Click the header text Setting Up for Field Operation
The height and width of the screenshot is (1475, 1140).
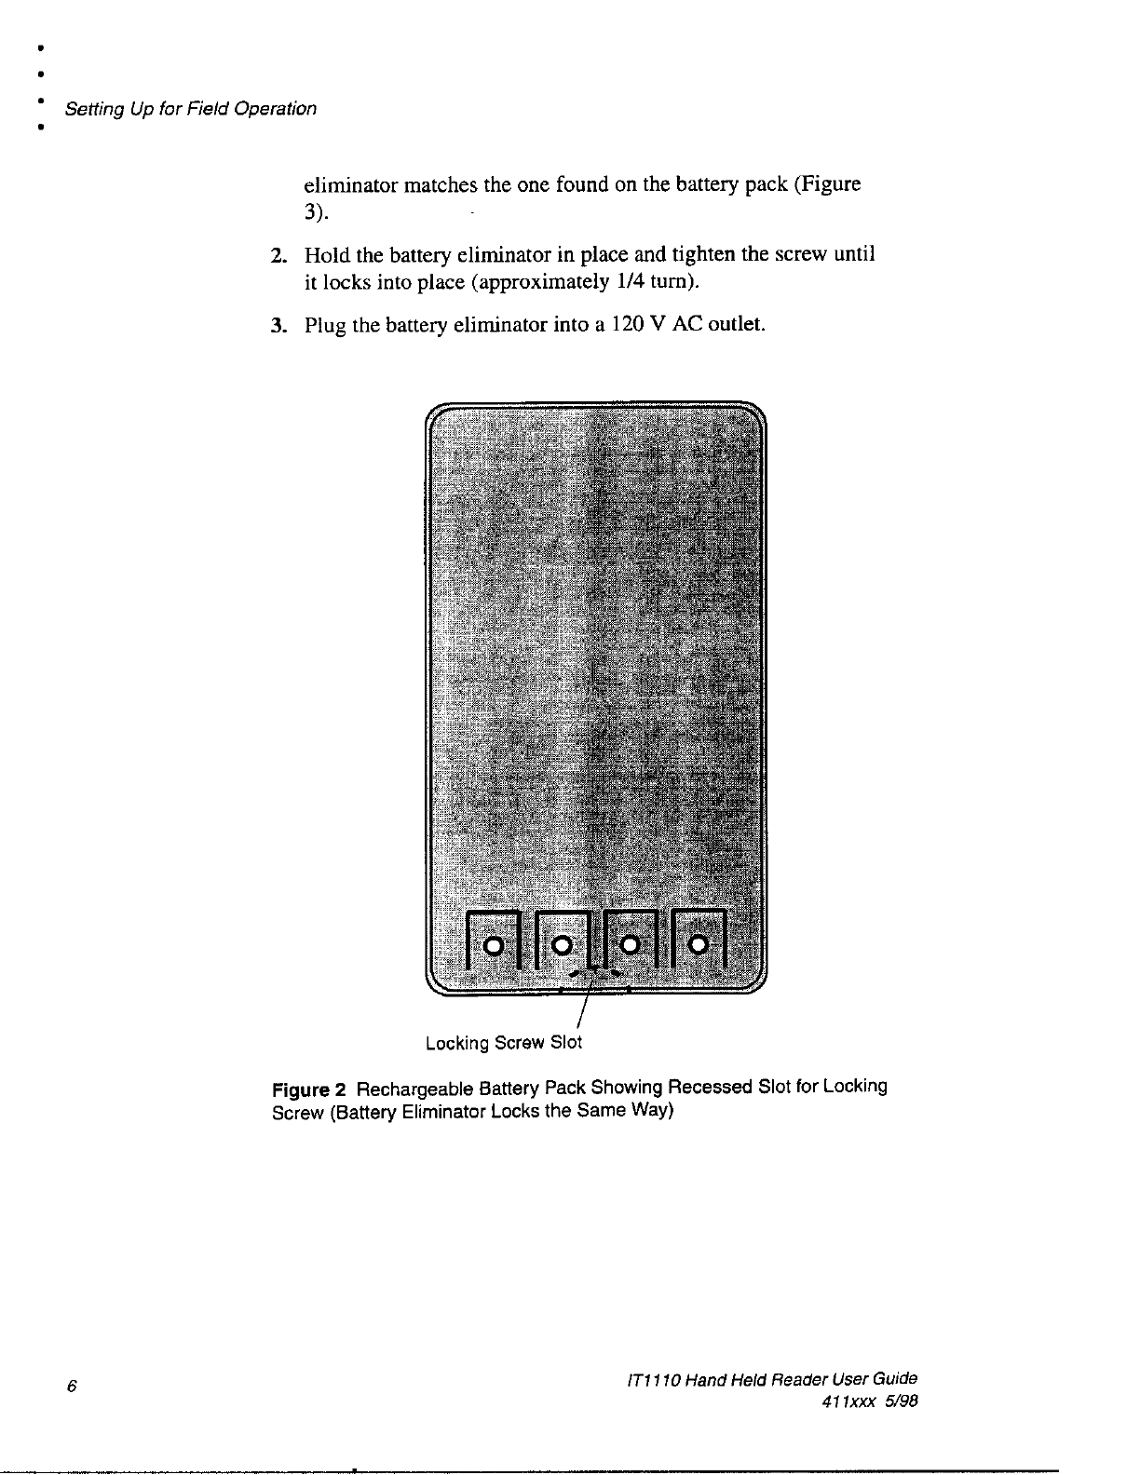[189, 109]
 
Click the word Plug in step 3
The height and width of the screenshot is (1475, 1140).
[325, 326]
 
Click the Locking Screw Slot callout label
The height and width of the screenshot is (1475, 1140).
[503, 1043]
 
